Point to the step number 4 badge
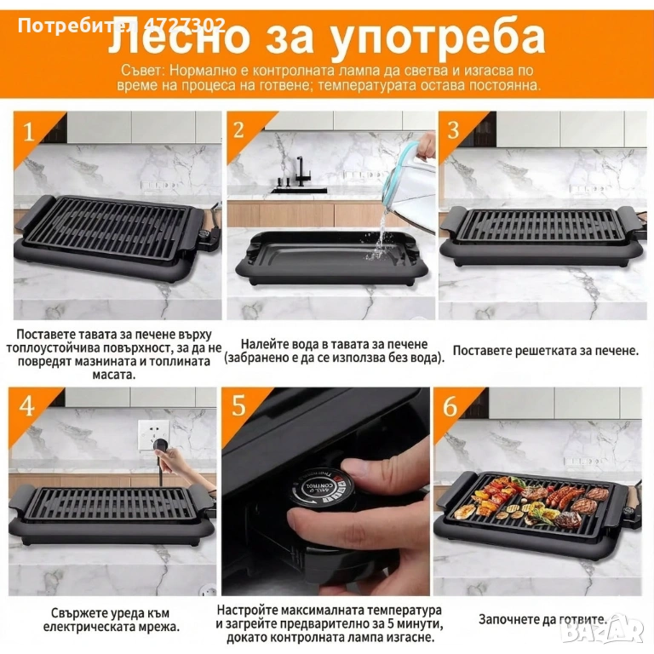(26, 406)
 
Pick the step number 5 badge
(239, 406)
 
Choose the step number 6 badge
(450, 406)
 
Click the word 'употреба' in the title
(437, 37)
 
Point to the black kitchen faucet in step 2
(301, 172)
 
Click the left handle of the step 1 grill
(31, 214)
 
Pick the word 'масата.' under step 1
(114, 374)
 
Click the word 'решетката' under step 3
(542, 350)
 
